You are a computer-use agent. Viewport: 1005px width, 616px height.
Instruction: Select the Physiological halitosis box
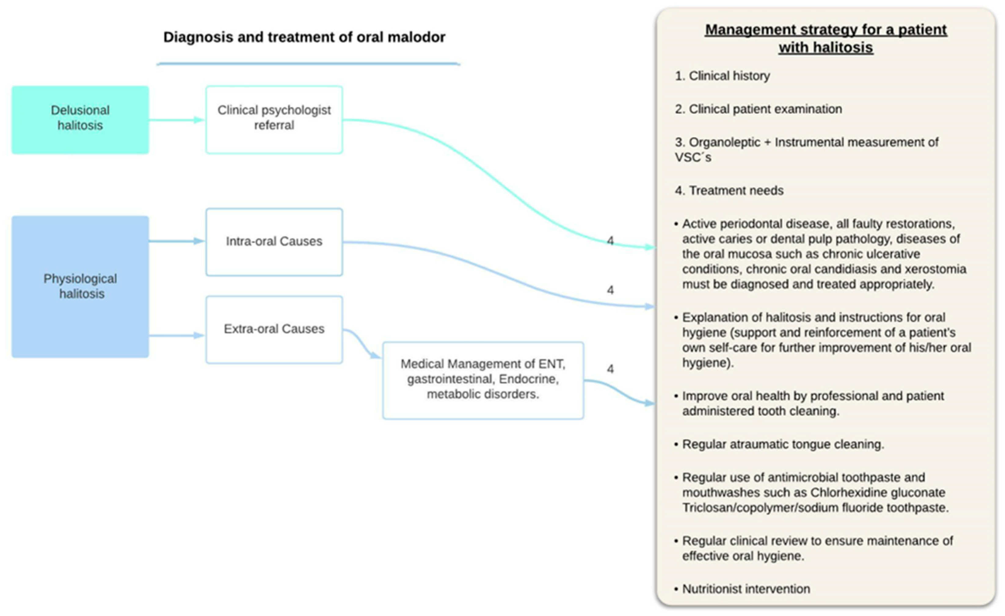(80, 287)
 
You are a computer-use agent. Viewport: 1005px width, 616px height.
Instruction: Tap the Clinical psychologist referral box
(274, 119)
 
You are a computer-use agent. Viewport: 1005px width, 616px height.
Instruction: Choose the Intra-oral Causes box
(274, 242)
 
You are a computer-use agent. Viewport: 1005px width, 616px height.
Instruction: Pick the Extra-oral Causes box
(274, 329)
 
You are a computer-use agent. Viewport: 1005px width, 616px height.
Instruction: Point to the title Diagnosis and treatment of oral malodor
(304, 37)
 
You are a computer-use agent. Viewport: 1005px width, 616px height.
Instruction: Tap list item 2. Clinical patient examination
(758, 109)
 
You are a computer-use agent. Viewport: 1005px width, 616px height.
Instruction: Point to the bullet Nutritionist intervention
(746, 589)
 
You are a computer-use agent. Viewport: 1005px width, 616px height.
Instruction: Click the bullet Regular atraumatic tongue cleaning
(783, 444)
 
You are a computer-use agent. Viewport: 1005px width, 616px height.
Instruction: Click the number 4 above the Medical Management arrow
(610, 369)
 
